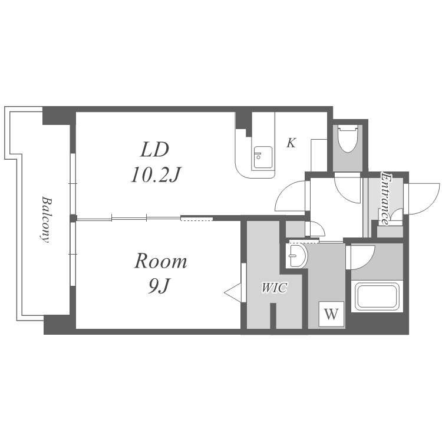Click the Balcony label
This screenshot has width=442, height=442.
click(46, 220)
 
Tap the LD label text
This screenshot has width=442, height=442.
click(154, 150)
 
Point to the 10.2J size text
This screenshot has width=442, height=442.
click(156, 175)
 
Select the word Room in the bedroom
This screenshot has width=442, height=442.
click(160, 261)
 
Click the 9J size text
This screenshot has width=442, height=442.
click(159, 286)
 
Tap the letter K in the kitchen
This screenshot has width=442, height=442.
click(291, 143)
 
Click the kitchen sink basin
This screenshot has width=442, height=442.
click(263, 157)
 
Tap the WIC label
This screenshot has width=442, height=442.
click(274, 288)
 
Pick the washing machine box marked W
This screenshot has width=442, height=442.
click(331, 314)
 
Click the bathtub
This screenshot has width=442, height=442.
click(377, 296)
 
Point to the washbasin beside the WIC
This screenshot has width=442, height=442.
click(296, 256)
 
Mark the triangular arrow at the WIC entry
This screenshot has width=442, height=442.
click(233, 292)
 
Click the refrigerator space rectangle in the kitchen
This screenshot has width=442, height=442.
click(319, 155)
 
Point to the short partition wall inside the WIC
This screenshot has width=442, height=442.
click(273, 316)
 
